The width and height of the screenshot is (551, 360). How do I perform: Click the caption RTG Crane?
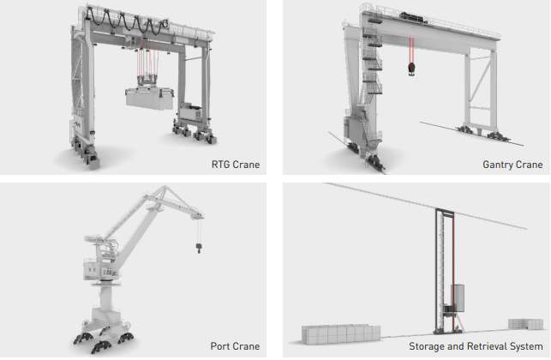tap(236, 165)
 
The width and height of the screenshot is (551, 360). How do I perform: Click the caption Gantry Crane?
tap(512, 165)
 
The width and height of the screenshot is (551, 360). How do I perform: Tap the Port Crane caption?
tap(235, 346)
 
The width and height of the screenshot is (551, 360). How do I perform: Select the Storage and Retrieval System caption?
tap(476, 346)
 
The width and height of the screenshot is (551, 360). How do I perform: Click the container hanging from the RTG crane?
tap(150, 99)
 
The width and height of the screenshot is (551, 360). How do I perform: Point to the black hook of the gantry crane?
tap(411, 69)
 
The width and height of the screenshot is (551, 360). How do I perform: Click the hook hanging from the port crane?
tap(199, 248)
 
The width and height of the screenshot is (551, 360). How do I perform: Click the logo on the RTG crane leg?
tap(77, 123)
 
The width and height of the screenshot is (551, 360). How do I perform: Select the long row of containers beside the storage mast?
tap(341, 334)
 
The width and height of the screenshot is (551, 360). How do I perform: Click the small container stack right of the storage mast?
tap(525, 324)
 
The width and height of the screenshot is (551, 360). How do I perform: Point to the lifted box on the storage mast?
tap(458, 298)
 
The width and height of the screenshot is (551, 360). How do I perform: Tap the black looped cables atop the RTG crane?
tap(127, 21)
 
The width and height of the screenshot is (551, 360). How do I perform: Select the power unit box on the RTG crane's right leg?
tap(190, 111)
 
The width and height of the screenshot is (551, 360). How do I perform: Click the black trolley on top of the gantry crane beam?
tap(414, 17)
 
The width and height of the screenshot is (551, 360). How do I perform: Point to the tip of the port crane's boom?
tap(201, 214)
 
